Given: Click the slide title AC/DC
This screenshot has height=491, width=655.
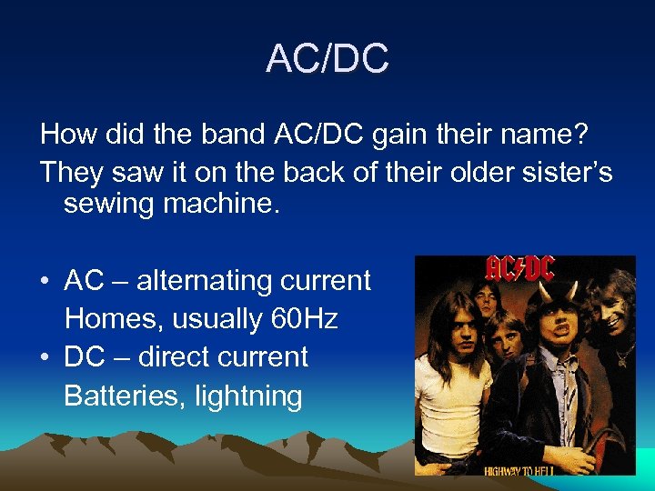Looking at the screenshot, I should [327, 59].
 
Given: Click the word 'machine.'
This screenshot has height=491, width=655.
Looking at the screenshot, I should [230, 204].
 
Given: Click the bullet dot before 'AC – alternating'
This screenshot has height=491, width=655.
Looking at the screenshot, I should [45, 281].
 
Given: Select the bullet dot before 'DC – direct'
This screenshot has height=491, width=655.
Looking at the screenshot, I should [45, 357].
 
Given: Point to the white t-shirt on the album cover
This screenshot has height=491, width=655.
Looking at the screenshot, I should [441, 400].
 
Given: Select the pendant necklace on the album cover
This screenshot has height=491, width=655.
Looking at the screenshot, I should [621, 350].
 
